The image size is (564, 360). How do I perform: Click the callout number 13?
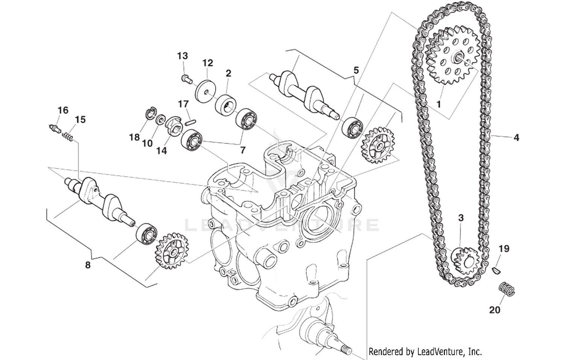(x=182, y=56)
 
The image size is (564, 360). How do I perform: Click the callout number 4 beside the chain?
(x=516, y=138)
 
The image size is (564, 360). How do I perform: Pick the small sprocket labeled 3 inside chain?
(x=464, y=259)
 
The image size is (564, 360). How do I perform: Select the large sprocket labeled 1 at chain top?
(x=453, y=55)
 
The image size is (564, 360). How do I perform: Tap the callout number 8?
(x=88, y=265)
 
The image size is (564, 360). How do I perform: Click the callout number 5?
(x=356, y=70)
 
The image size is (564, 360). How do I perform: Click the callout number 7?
(x=243, y=150)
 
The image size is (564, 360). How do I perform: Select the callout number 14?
(x=161, y=151)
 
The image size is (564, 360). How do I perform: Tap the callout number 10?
(x=147, y=144)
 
